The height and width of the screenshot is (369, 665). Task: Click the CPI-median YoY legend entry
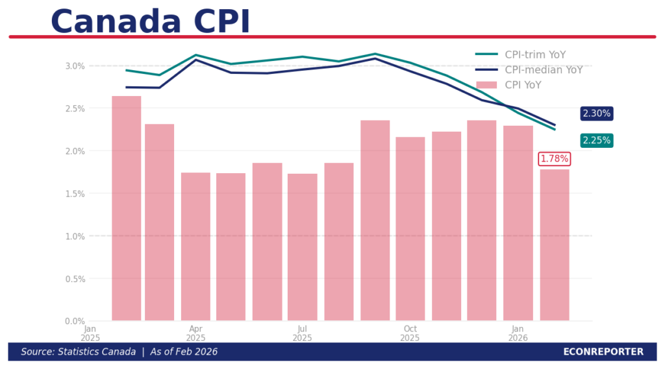[x=529, y=70]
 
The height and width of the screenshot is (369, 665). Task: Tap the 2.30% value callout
[x=596, y=113]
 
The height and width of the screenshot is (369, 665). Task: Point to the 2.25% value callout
[x=596, y=141]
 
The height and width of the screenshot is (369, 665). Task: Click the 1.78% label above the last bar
[x=555, y=159]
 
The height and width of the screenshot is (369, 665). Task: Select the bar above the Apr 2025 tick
[x=195, y=246]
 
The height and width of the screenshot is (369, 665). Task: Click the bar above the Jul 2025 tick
[x=302, y=246]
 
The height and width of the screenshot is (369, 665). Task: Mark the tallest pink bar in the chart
[x=126, y=208]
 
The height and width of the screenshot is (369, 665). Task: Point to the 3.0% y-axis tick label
[x=75, y=66]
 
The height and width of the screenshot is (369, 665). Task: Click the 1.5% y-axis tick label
[x=75, y=194]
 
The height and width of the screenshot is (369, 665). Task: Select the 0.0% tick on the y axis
[x=75, y=322]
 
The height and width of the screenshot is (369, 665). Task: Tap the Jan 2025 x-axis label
[x=90, y=333]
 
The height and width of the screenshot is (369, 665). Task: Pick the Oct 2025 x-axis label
[x=410, y=333]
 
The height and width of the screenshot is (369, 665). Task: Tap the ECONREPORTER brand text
[x=603, y=352]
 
